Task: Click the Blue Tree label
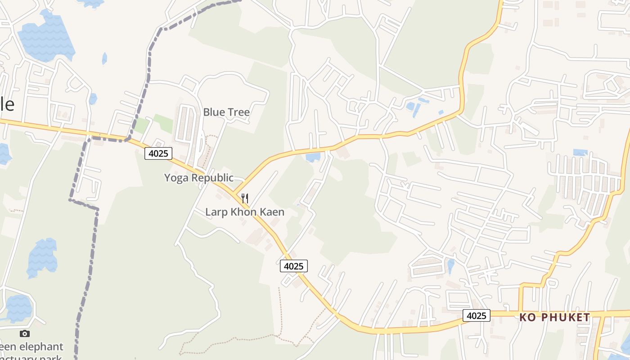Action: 226,112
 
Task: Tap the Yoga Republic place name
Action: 198,178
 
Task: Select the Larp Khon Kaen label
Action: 245,212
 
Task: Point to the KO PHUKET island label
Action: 554,317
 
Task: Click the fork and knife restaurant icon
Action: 245,198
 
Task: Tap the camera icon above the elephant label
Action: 25,333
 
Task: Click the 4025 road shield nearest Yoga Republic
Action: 158,153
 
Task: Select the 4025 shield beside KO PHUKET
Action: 477,315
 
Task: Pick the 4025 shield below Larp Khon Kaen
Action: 294,266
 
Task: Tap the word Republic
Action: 213,178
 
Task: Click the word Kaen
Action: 273,212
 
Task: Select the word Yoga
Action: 175,178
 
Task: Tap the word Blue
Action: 214,112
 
